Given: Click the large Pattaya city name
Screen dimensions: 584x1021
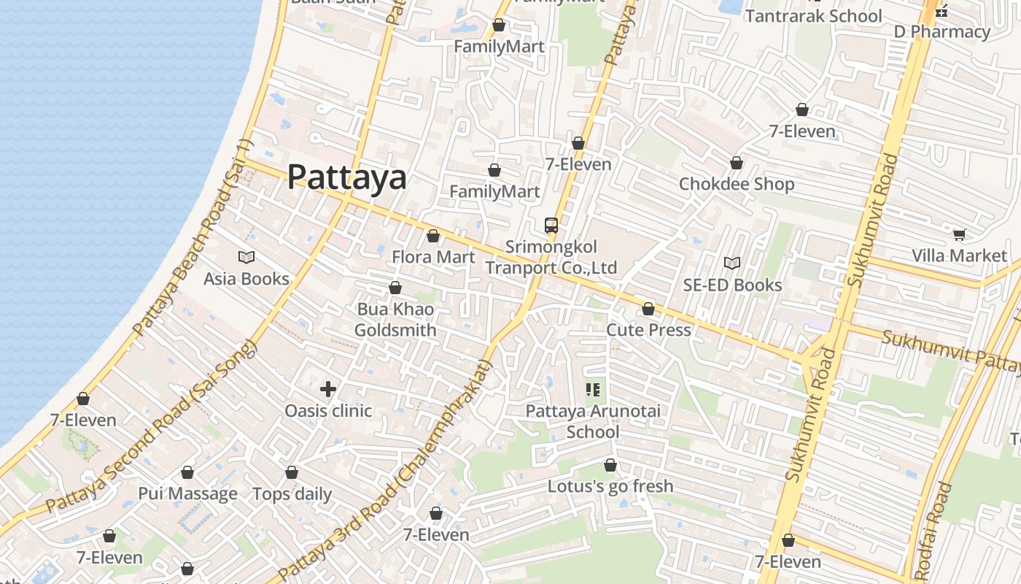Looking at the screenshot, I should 346,177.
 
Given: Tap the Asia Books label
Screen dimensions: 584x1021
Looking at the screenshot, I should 246,279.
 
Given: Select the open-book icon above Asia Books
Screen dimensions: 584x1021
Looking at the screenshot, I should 246,257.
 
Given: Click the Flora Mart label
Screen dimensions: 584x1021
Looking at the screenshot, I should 433,257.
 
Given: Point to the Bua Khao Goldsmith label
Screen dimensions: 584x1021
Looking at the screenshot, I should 395,320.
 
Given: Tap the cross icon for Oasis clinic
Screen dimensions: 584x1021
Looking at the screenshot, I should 328,389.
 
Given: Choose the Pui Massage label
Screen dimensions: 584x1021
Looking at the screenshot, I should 187,494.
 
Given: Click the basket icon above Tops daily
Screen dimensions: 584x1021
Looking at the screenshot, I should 292,473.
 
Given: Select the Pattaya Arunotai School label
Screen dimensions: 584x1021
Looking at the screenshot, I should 593,421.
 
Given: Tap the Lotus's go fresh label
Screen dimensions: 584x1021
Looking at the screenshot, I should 610,486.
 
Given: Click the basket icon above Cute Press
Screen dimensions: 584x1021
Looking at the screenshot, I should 648,310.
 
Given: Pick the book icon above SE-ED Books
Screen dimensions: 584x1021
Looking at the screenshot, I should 732,263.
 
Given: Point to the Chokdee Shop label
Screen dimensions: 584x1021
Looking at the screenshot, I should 737,184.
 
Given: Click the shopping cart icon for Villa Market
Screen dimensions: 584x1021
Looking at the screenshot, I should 959,234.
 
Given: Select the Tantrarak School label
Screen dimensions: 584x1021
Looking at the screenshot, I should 813,16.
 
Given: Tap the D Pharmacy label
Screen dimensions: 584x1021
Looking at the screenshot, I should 942,32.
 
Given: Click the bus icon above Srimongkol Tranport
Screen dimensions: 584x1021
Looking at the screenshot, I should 551,226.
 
